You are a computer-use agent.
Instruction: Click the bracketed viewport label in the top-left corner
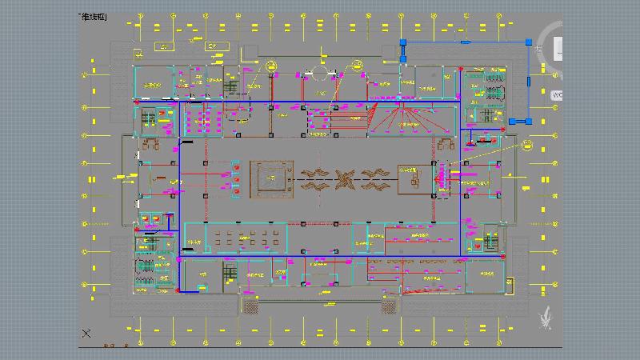[94, 17]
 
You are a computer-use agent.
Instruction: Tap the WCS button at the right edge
[558, 94]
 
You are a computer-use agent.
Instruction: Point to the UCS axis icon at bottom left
[86, 333]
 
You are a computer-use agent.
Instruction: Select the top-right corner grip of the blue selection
[530, 42]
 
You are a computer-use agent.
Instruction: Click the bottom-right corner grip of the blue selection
[530, 122]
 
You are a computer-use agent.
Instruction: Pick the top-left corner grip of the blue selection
[404, 42]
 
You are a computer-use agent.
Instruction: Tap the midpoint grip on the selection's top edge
[467, 42]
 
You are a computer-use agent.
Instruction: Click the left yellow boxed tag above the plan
[162, 47]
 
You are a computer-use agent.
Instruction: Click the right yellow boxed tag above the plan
[214, 47]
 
